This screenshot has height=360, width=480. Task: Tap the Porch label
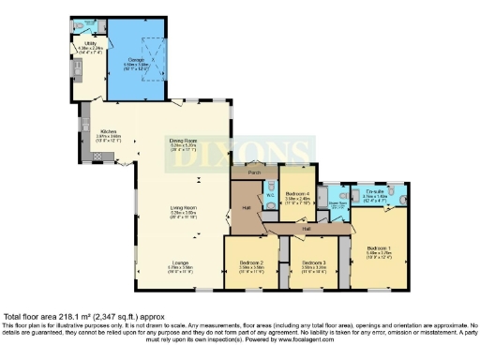pyautogui.click(x=253, y=172)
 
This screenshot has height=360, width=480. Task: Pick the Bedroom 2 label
pyautogui.click(x=250, y=263)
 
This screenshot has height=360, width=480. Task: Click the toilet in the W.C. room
pyautogui.click(x=270, y=185)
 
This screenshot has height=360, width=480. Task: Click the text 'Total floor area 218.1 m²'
pyautogui.click(x=56, y=317)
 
